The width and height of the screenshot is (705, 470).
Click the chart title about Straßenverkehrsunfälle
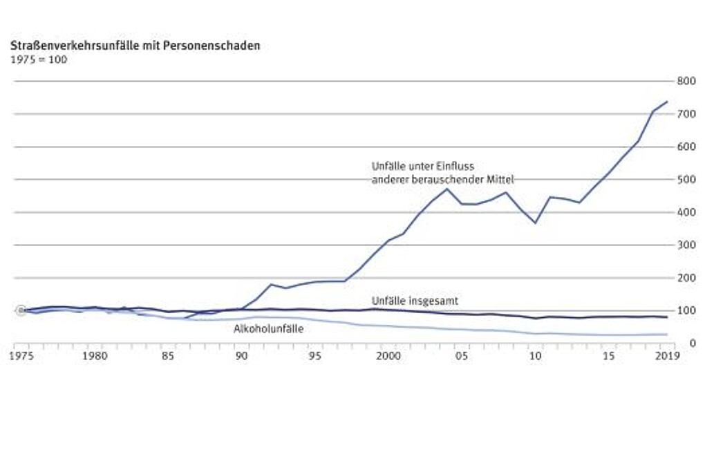point(135,46)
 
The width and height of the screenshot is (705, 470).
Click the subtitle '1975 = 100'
point(38,59)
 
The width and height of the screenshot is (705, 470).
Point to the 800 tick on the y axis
point(686,81)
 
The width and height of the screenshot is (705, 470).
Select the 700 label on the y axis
point(686,113)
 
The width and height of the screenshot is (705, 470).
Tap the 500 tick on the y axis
point(686,179)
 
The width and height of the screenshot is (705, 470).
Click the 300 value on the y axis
point(686,245)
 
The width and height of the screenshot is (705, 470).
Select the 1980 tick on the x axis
point(94,357)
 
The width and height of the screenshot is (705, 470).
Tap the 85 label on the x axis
point(168,357)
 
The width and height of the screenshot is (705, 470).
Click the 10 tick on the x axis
point(535,357)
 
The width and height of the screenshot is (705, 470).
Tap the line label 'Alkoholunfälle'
point(269,329)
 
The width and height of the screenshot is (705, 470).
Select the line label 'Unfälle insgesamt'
point(415,301)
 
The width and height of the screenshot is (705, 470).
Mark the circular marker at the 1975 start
point(21,310)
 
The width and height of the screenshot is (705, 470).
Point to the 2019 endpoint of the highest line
point(667,102)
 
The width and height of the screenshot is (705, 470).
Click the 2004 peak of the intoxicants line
point(446,189)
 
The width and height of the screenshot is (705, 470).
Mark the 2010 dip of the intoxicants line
point(535,223)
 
